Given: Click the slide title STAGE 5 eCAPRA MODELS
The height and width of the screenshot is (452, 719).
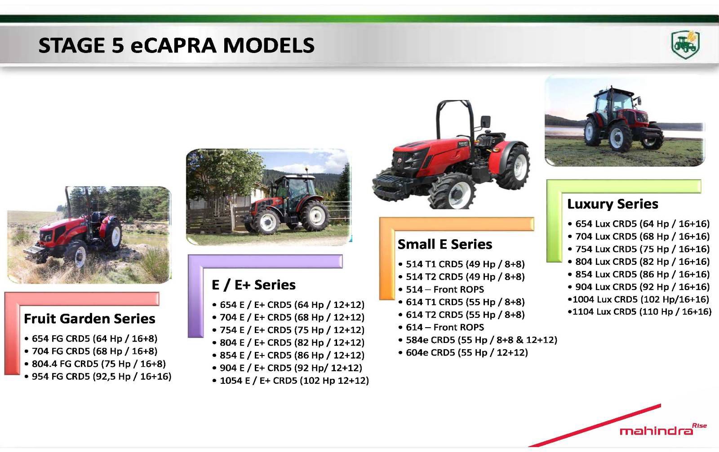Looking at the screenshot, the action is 176,45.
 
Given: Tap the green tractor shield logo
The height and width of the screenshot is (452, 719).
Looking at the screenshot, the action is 685,44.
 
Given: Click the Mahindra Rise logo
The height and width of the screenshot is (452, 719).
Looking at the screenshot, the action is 663,429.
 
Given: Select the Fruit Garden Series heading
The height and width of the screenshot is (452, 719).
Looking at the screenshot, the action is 89,319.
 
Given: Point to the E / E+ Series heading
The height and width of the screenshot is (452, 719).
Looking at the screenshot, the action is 253,285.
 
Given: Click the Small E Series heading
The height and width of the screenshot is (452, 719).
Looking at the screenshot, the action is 445,244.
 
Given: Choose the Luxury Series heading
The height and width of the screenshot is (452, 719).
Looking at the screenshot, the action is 613,204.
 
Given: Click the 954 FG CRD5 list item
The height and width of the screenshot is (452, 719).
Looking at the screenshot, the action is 98,376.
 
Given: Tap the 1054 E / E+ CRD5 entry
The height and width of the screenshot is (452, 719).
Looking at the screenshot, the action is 290,381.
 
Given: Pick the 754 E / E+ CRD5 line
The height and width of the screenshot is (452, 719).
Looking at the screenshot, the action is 288,330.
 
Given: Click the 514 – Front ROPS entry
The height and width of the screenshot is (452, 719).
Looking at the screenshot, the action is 441,290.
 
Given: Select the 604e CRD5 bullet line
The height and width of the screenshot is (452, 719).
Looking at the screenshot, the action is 463,353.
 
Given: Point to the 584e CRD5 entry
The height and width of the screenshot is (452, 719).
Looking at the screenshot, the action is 478,340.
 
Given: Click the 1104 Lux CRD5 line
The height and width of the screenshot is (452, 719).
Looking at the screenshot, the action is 639,312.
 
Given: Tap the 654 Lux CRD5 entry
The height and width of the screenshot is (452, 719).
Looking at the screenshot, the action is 639,224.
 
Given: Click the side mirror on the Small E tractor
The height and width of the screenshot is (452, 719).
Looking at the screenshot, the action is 486,122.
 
